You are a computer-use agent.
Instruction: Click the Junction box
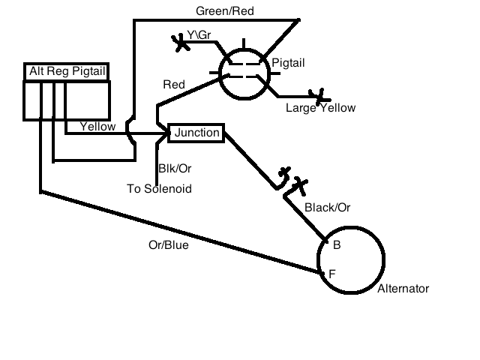tap(196, 133)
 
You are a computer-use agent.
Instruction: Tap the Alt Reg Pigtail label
tap(67, 71)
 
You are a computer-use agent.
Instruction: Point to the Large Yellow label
tap(320, 108)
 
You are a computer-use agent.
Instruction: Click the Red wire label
tap(174, 84)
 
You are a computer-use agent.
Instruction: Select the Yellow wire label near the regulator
tap(97, 126)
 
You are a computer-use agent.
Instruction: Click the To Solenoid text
tap(159, 188)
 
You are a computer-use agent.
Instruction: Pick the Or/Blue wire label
tap(169, 245)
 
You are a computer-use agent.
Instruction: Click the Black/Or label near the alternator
tap(328, 207)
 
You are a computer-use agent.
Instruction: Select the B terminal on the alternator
tap(337, 244)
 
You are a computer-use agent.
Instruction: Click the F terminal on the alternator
tap(331, 273)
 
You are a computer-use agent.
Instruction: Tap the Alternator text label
tap(403, 289)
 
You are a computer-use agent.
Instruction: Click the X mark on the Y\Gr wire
tap(181, 42)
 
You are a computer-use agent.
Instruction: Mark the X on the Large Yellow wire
tap(322, 95)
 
